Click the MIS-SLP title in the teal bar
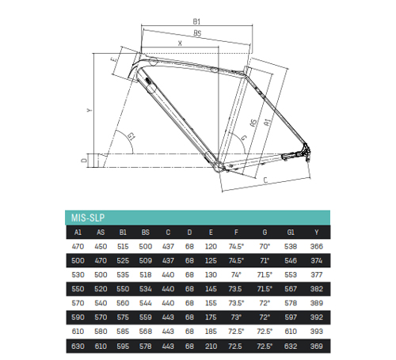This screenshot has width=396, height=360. click(x=88, y=218)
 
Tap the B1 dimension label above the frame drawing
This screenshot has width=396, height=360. click(x=196, y=21)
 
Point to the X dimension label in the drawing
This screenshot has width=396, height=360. click(x=180, y=44)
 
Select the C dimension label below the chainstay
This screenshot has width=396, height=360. click(x=265, y=180)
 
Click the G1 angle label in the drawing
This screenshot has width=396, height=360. click(x=131, y=136)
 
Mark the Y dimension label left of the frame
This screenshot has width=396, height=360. click(x=89, y=110)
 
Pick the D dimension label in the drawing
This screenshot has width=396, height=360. click(x=84, y=160)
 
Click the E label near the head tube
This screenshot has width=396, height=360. click(x=114, y=59)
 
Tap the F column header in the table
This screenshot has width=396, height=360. click(x=236, y=233)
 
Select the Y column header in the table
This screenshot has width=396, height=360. click(x=317, y=233)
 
